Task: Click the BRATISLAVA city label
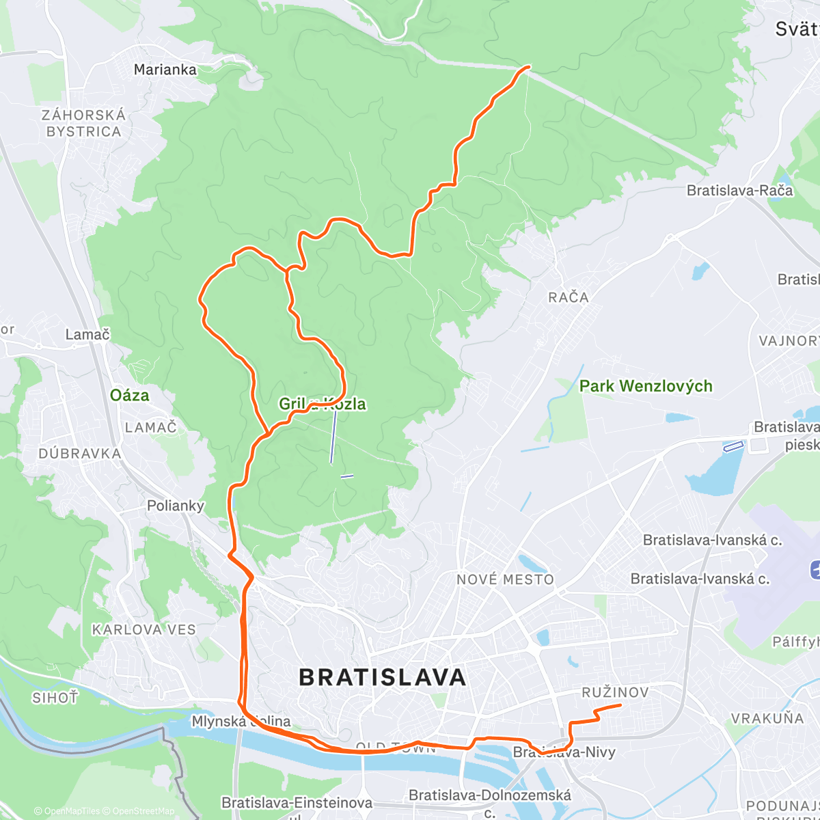[x=383, y=677]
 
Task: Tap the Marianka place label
[x=165, y=69]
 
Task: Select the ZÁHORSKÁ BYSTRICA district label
[x=84, y=123]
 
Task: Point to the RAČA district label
[x=568, y=297]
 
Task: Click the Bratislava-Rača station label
[x=740, y=191]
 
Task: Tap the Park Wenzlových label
[x=646, y=386]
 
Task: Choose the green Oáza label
[x=129, y=395]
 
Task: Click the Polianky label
[x=176, y=506]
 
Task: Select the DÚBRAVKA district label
[x=80, y=454]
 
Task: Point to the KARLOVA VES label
[x=143, y=629]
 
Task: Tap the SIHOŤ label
[x=55, y=698]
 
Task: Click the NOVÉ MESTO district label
[x=505, y=579]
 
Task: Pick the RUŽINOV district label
[x=615, y=692]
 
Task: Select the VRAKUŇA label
[x=767, y=718]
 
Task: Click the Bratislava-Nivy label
[x=564, y=752]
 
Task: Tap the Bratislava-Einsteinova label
[x=297, y=802]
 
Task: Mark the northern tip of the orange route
[x=528, y=66]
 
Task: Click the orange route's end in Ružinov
[x=620, y=705]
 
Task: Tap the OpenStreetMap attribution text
[x=143, y=811]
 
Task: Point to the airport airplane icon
[x=815, y=569]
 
